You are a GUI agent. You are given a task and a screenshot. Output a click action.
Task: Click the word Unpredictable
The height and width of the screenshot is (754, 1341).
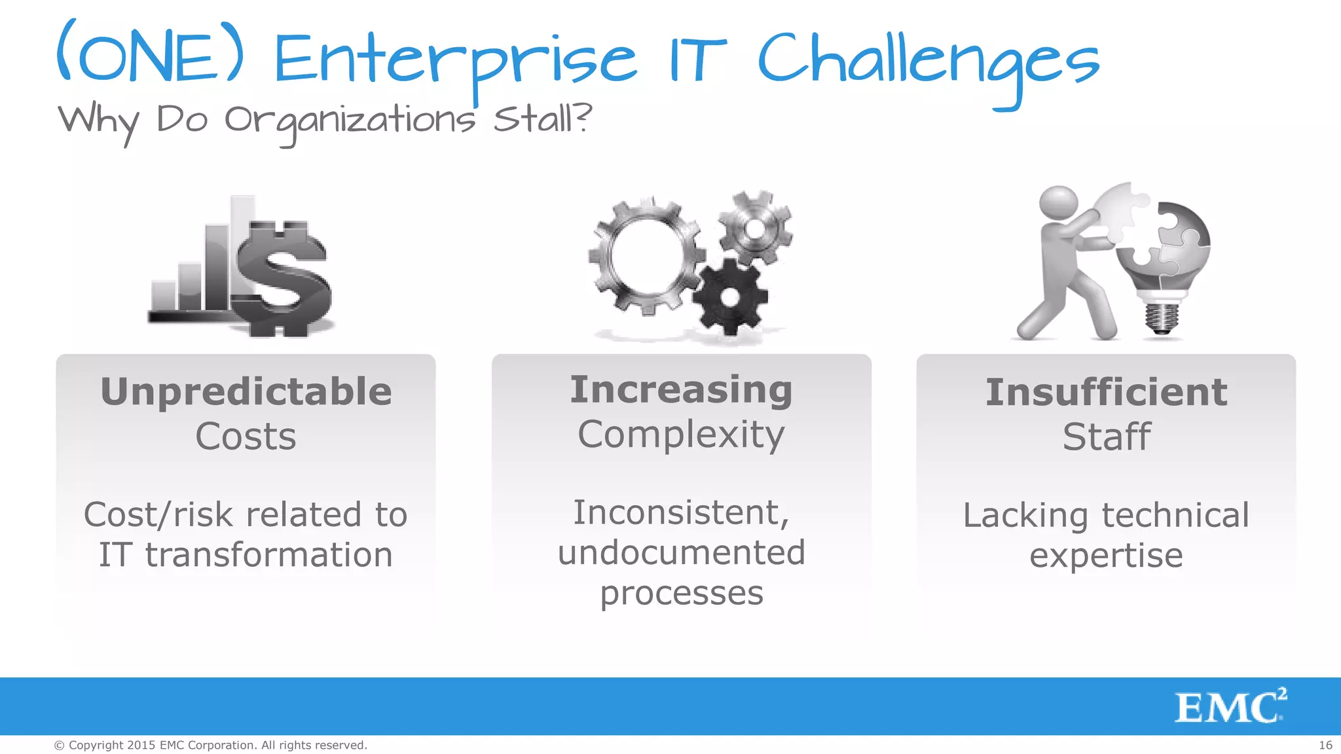(x=246, y=391)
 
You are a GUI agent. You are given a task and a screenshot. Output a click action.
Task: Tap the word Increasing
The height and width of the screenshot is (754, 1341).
(x=681, y=390)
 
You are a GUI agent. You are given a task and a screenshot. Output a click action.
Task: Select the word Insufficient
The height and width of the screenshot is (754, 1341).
(x=1106, y=393)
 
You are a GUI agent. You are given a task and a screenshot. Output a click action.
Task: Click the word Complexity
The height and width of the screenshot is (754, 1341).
(x=681, y=435)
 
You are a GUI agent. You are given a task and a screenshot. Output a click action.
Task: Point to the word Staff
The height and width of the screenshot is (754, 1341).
(x=1106, y=437)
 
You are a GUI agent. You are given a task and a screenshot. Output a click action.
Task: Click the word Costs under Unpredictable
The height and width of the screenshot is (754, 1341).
(x=246, y=437)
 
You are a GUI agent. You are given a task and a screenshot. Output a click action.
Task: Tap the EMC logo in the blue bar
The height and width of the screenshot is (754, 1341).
(x=1230, y=707)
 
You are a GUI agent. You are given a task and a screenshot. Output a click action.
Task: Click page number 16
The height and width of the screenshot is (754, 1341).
(x=1325, y=745)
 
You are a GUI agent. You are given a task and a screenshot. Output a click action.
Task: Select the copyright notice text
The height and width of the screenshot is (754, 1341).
(x=210, y=745)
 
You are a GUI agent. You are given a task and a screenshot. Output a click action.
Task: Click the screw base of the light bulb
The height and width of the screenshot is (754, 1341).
(x=1162, y=317)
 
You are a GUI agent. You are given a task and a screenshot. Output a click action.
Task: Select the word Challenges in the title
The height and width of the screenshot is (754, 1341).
(x=928, y=62)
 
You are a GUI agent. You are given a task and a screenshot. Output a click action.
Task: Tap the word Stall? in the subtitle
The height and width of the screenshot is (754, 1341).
(x=542, y=119)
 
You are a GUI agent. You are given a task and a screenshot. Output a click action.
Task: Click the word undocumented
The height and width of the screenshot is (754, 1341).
(x=681, y=552)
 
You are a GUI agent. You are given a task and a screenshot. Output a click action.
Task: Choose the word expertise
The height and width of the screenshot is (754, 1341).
(x=1106, y=556)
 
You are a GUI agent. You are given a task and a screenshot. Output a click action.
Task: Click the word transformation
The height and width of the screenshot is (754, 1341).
(x=268, y=555)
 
